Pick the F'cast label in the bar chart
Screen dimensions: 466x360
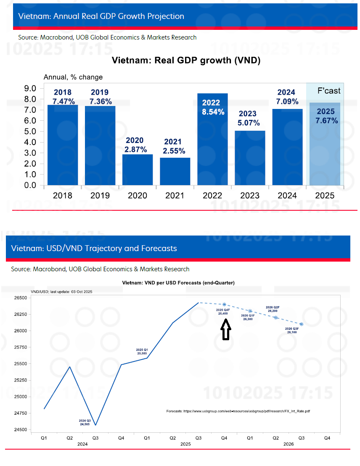coord(328,91)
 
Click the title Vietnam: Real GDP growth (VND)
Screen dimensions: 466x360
coord(186,61)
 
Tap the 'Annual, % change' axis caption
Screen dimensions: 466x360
coord(73,77)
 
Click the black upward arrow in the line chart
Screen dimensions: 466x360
coord(226,329)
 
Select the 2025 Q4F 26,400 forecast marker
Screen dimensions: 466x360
coord(225,304)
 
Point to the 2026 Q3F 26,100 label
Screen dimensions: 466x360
coord(292,330)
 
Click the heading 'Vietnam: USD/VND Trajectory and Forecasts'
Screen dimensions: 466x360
coord(94,248)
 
